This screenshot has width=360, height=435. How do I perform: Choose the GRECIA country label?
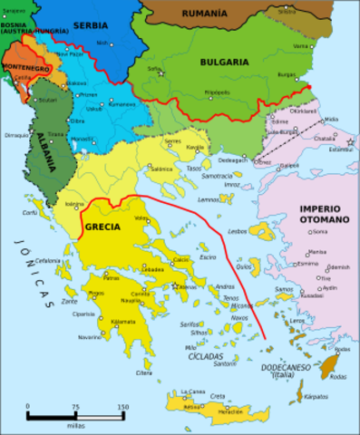coord(103,226)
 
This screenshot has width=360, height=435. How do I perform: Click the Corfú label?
coord(31,213)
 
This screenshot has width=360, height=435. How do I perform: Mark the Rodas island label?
coord(341,350)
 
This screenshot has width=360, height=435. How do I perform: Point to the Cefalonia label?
coord(47,262)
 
